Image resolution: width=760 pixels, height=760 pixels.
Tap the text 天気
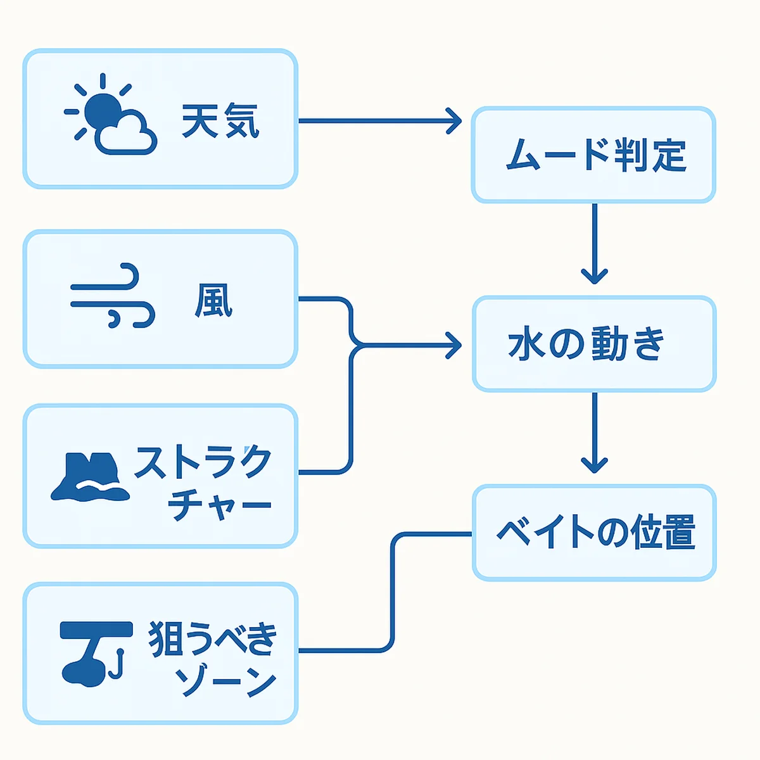click(x=220, y=120)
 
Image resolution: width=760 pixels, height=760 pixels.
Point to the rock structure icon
click(x=90, y=476)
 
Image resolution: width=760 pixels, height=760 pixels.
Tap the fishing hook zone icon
click(x=96, y=652)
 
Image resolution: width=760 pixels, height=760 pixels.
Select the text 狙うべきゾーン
click(x=213, y=659)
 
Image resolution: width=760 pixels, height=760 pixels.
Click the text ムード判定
click(x=596, y=154)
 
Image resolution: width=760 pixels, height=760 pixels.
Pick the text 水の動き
click(x=586, y=344)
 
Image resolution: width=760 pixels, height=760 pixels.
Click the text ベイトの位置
click(x=595, y=532)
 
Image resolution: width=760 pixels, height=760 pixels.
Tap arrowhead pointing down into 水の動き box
click(x=594, y=276)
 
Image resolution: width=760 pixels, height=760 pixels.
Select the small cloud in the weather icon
click(x=125, y=135)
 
